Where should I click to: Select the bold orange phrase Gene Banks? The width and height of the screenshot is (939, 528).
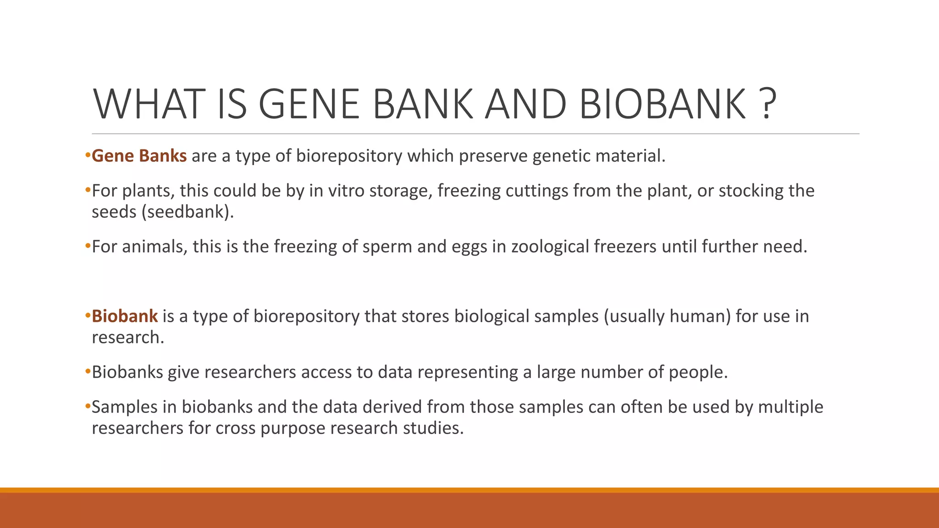139,156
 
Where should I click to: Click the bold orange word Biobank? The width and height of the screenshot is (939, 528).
125,316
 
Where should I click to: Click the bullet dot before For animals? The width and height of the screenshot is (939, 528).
88,247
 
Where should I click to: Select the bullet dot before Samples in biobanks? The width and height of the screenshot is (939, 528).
88,407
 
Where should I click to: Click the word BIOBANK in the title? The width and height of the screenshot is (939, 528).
663,104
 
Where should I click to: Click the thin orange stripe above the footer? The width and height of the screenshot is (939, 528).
469,490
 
